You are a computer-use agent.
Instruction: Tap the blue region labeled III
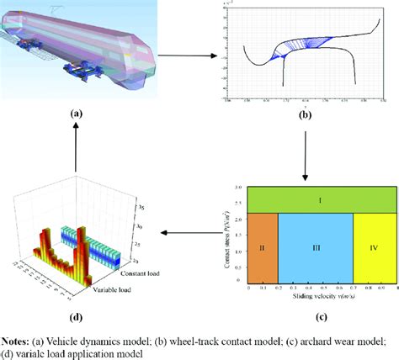tap(315, 249)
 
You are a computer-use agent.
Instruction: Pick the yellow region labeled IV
tap(374, 249)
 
